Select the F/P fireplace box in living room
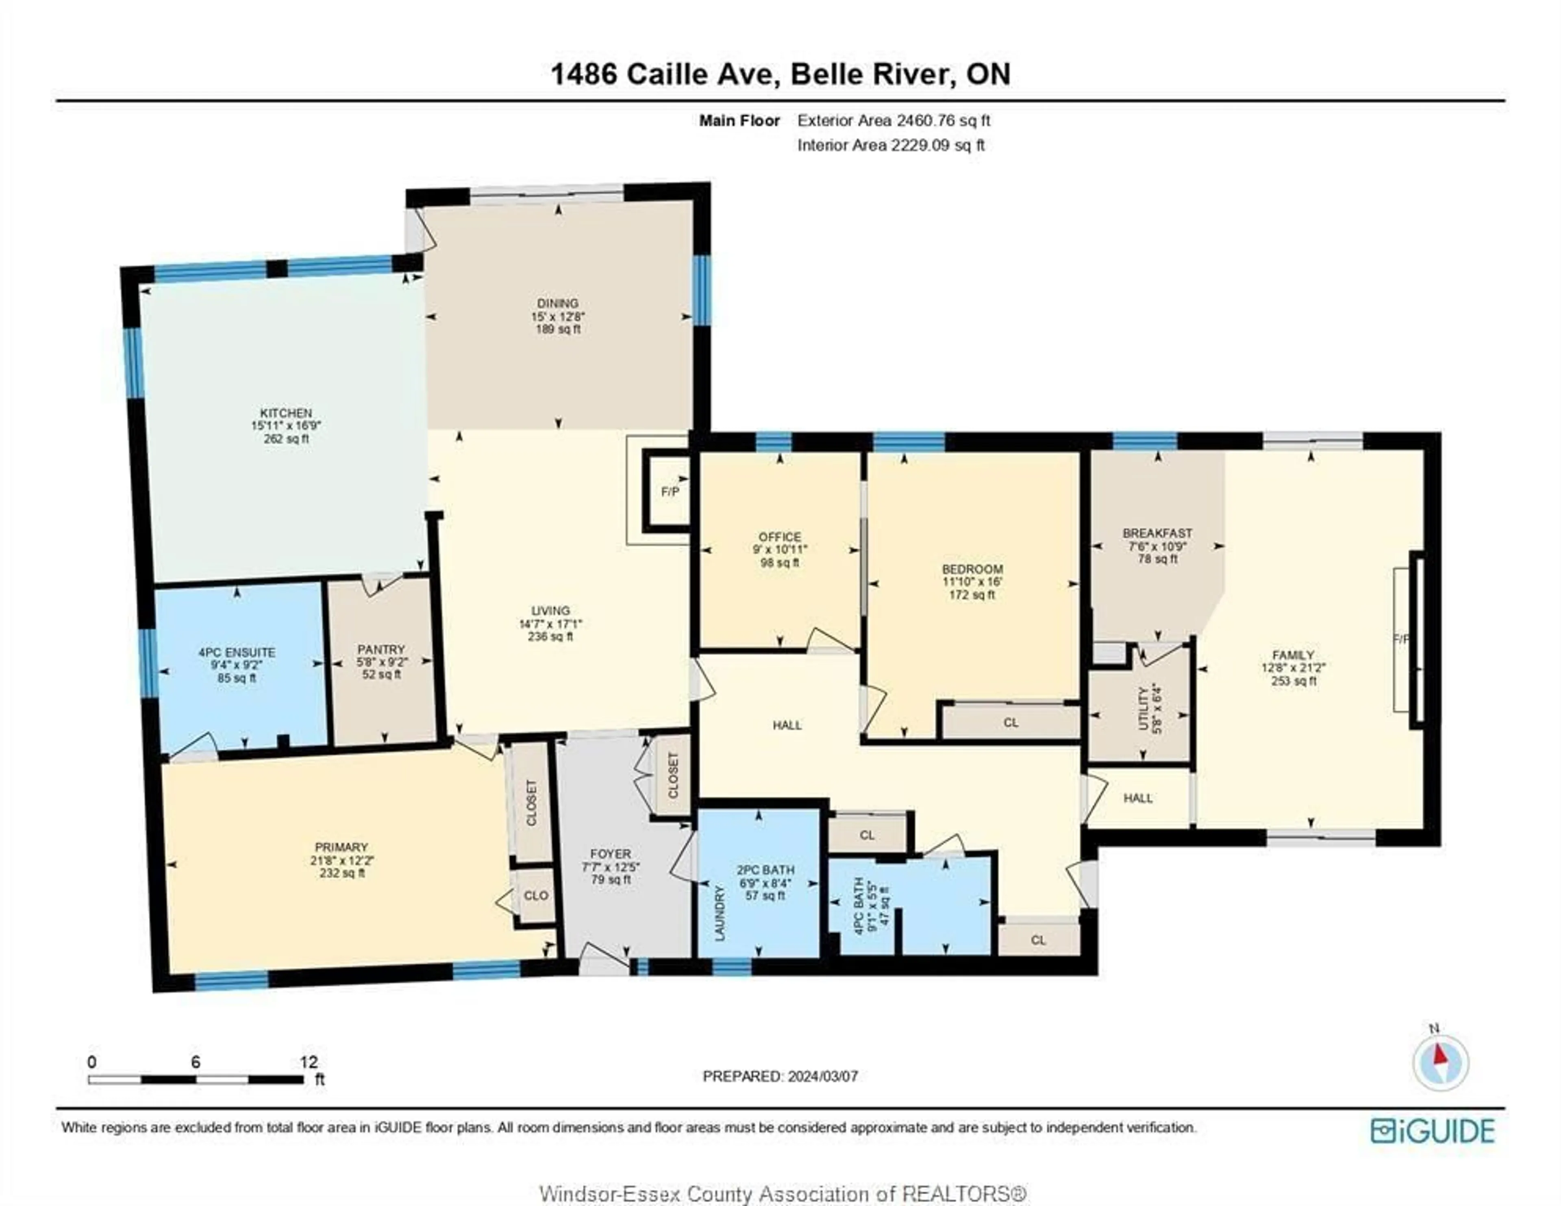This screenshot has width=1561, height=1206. coord(670,492)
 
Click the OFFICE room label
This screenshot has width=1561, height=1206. coord(780,537)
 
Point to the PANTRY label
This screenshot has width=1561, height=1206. coord(381,649)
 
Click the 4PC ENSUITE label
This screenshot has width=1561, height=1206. coord(237,652)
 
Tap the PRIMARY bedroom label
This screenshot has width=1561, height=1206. coord(340,847)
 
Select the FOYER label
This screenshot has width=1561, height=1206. coord(611,853)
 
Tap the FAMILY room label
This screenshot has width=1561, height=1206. coord(1293,655)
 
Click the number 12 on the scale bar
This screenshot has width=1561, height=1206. coord(309,1062)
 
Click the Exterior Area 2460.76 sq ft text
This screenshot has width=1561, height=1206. coord(894,120)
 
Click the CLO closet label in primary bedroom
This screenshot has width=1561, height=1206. coord(536,895)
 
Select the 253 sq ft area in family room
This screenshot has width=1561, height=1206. coord(1293,681)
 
